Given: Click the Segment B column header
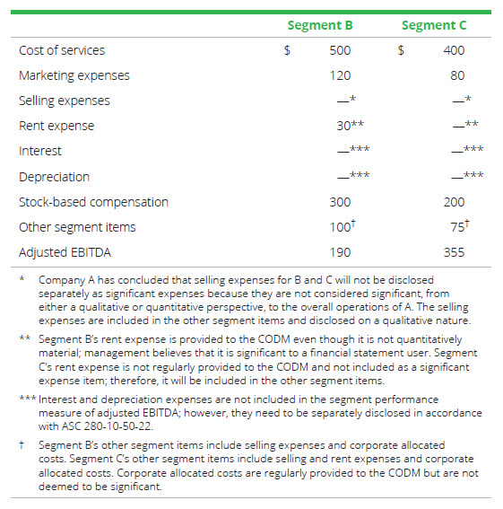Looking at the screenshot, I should pyautogui.click(x=319, y=25).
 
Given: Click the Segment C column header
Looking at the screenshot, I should pyautogui.click(x=434, y=25).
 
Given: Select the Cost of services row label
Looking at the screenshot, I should pyautogui.click(x=62, y=50).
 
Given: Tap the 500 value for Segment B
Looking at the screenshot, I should pyautogui.click(x=340, y=50).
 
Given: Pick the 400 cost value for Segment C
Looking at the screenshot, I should pyautogui.click(x=454, y=50).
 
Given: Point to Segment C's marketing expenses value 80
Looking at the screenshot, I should pyautogui.click(x=457, y=75).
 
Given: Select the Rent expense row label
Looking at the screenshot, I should pyautogui.click(x=56, y=126).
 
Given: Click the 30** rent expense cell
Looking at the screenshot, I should pyautogui.click(x=348, y=126).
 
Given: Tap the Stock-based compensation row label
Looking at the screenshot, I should pyautogui.click(x=93, y=202).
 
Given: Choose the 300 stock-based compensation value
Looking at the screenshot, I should pyautogui.click(x=340, y=202).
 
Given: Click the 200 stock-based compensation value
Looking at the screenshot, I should pyautogui.click(x=454, y=202).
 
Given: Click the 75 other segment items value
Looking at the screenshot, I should pyautogui.click(x=457, y=227).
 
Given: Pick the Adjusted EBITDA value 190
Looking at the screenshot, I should pyautogui.click(x=340, y=252).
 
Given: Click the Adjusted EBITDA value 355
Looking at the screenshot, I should pyautogui.click(x=454, y=252).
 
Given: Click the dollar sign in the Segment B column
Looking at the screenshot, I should pyautogui.click(x=287, y=50).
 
